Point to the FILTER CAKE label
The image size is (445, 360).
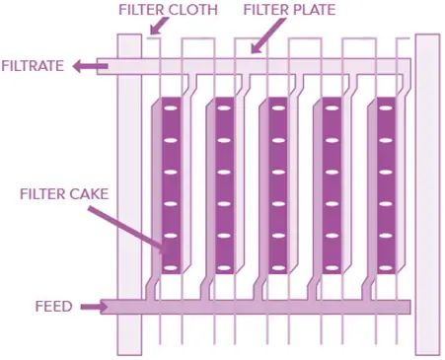click(64, 192)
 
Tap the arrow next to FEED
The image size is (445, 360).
click(92, 307)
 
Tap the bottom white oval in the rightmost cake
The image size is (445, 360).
click(384, 266)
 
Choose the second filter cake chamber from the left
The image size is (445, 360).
click(223, 187)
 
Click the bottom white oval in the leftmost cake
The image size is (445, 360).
click(169, 266)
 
